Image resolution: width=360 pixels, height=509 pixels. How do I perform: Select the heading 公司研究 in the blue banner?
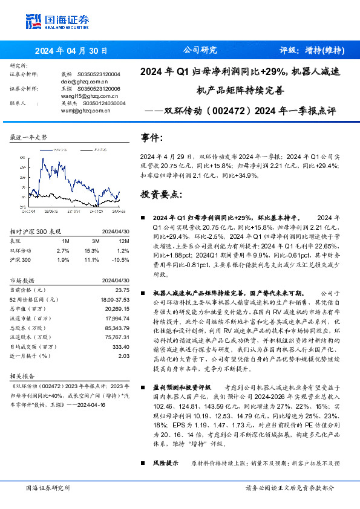click(x=200, y=50)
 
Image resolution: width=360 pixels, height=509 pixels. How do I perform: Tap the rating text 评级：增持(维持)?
click(x=312, y=51)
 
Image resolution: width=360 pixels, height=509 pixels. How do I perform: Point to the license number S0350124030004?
click(x=101, y=103)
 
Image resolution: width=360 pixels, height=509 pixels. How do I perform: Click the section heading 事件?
click(x=152, y=138)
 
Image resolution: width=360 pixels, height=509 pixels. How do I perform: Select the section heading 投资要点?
click(x=161, y=194)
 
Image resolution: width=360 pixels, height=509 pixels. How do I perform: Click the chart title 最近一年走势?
click(x=29, y=138)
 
